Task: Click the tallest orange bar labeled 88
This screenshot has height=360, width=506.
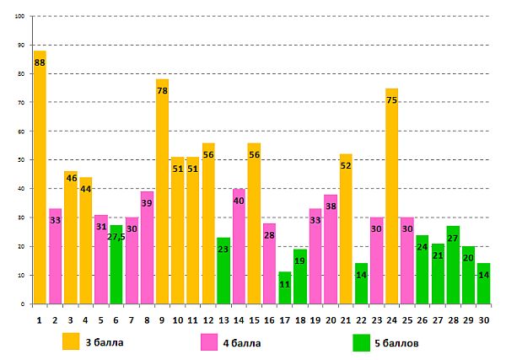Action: click(x=40, y=177)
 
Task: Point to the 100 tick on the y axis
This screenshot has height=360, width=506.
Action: click(x=19, y=16)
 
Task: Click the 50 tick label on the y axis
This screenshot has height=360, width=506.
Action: click(x=21, y=160)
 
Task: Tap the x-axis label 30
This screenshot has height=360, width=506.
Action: click(x=483, y=319)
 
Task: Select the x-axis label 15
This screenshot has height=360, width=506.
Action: click(x=254, y=319)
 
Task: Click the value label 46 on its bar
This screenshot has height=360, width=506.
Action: click(x=70, y=178)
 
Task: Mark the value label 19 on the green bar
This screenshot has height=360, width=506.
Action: click(x=300, y=261)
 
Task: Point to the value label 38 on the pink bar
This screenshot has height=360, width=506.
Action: click(x=331, y=207)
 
